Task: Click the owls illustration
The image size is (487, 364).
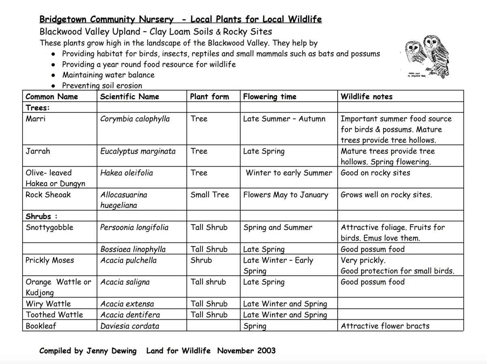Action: tap(426, 56)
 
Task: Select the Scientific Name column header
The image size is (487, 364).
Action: tap(129, 96)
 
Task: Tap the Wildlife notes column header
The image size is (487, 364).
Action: tap(366, 96)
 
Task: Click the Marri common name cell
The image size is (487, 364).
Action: tap(36, 119)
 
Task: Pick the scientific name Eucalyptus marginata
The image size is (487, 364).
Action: tap(138, 151)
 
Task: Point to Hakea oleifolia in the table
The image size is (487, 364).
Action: tap(127, 173)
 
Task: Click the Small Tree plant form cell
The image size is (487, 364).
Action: tap(210, 195)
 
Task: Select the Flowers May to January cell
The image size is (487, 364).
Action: tap(286, 195)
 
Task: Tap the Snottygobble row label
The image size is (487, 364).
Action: tap(50, 227)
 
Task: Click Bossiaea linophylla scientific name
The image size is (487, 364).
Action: tap(133, 249)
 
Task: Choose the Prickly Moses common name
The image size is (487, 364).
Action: tap(50, 260)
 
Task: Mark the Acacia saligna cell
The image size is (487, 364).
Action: tap(125, 282)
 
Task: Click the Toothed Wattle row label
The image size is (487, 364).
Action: tap(54, 315)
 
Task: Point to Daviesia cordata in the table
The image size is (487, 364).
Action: tap(130, 326)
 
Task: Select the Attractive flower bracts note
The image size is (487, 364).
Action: tap(385, 326)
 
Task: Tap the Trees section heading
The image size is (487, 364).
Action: tap(38, 108)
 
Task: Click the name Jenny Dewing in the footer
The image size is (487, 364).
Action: tap(111, 351)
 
